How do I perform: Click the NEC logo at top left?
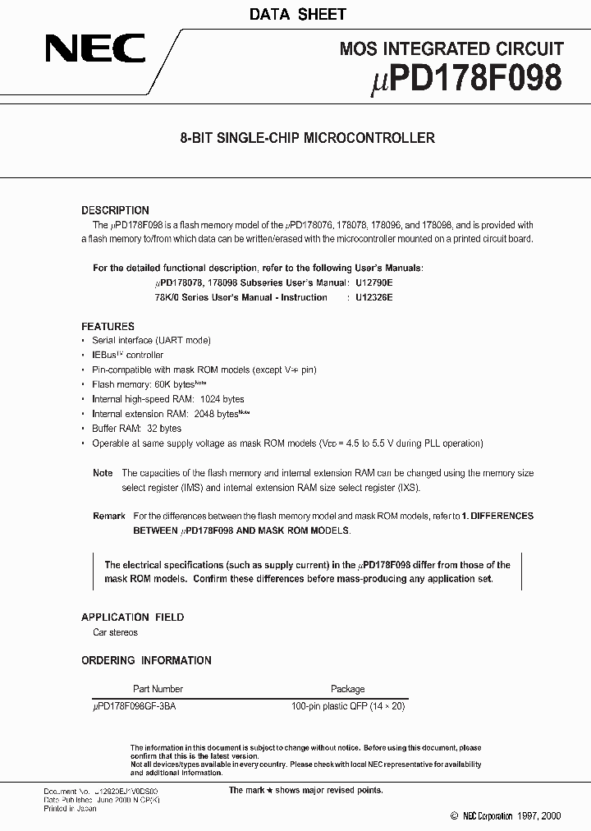tap(95, 48)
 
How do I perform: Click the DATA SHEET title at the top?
tap(296, 14)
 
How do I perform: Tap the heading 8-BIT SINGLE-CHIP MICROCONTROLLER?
tap(307, 138)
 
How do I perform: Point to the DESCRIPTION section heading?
tap(115, 210)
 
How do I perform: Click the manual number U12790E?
tap(373, 282)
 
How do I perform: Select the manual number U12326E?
tap(373, 297)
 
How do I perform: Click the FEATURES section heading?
tap(108, 326)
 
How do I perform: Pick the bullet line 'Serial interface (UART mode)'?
tap(151, 340)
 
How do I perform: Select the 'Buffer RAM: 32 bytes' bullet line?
tap(137, 429)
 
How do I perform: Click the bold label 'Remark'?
tap(108, 516)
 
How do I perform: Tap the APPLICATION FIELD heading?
tap(132, 617)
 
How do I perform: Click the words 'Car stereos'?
tap(115, 632)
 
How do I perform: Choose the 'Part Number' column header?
tap(158, 689)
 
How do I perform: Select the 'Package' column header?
tap(347, 689)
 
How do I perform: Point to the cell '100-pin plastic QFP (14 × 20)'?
tap(348, 706)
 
